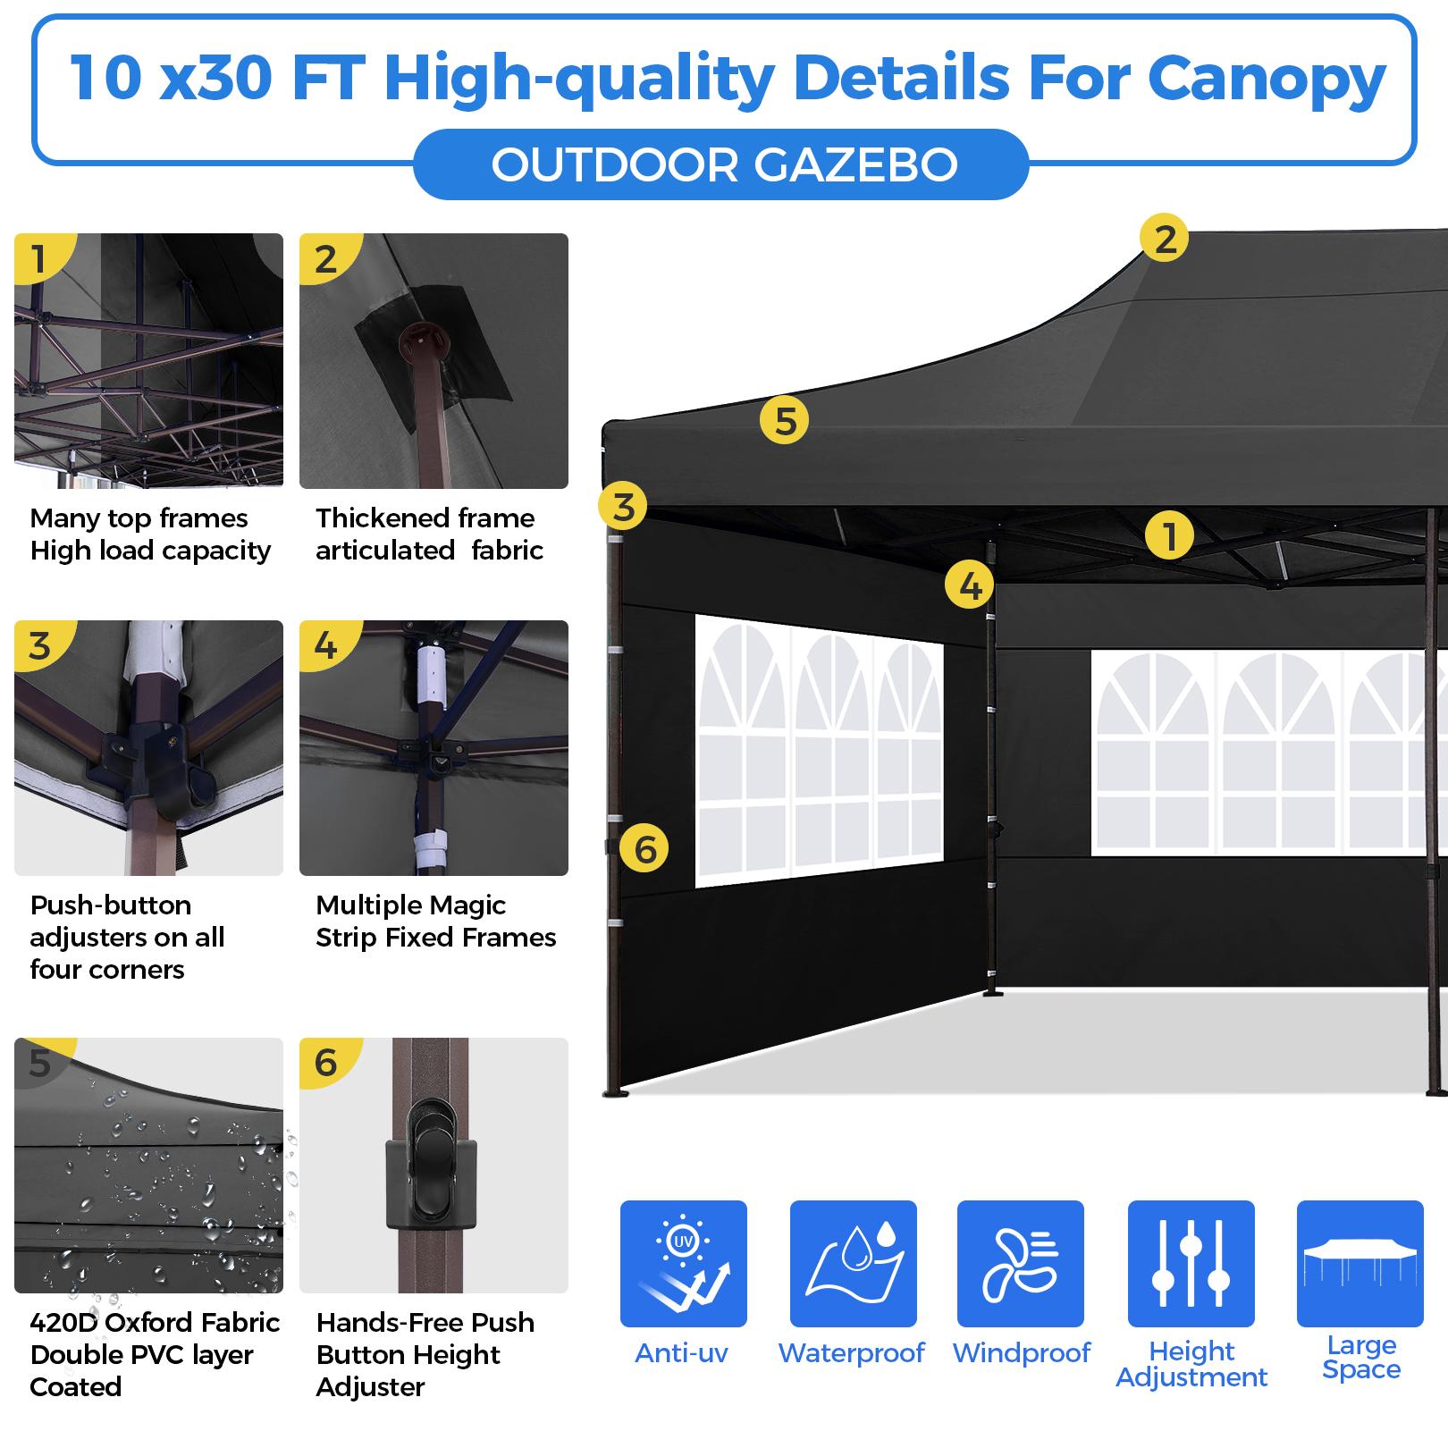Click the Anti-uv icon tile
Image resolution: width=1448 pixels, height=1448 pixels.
point(683,1263)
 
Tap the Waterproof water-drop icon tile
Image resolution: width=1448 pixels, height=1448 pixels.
point(853,1263)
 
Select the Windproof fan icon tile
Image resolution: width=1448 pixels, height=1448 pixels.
point(1021,1263)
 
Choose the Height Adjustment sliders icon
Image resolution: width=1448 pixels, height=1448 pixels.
point(1191,1263)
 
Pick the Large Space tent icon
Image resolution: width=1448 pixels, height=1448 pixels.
point(1360,1263)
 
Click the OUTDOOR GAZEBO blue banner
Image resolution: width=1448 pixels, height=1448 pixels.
point(720,164)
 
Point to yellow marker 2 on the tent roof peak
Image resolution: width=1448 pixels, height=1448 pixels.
point(1165,239)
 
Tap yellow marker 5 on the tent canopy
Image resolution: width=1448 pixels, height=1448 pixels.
point(784,420)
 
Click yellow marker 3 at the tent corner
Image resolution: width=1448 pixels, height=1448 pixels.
point(623,507)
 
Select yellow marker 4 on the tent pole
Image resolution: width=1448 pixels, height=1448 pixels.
point(970,585)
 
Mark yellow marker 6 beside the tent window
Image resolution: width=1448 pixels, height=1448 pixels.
point(644,848)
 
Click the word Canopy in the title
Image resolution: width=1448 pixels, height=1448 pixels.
point(1267,79)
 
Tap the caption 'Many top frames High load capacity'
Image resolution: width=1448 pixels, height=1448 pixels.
point(150,535)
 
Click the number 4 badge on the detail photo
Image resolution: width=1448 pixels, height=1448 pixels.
point(326,645)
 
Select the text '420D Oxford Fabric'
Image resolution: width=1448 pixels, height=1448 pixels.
point(155,1322)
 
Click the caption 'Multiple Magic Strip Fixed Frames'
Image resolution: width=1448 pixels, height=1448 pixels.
point(436,922)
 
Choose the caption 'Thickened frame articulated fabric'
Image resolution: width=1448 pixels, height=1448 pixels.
point(429,535)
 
